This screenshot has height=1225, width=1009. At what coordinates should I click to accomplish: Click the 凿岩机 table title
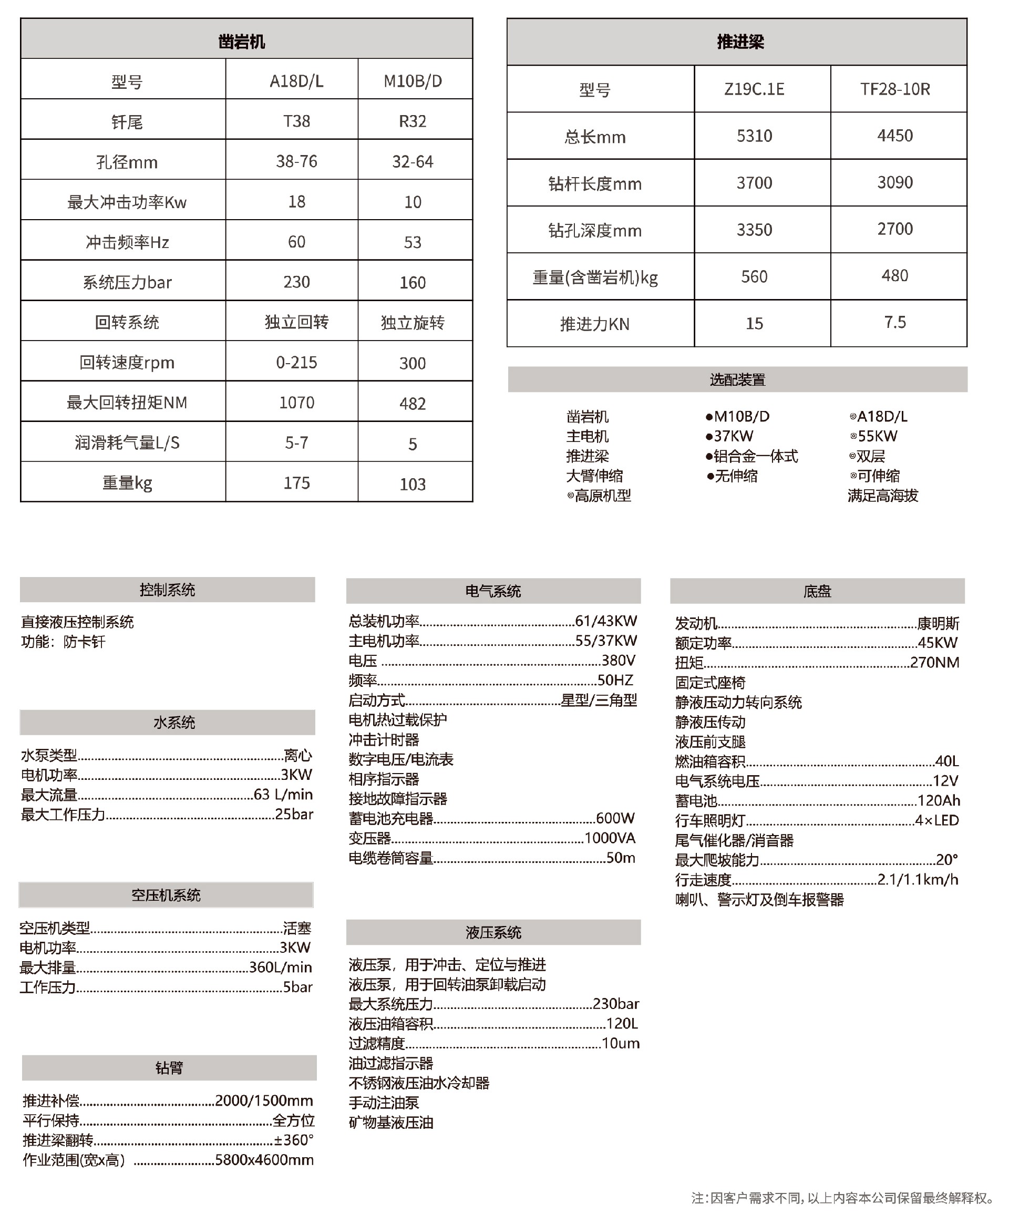click(241, 42)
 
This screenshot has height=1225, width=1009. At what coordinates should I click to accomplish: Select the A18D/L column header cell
click(296, 81)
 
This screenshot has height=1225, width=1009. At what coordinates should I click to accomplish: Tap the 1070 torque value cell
click(296, 402)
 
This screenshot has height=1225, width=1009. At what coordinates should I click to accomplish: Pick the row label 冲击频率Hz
click(127, 242)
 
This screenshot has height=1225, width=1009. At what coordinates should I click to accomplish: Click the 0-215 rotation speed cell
click(296, 362)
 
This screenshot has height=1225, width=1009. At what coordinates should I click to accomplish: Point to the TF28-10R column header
click(894, 89)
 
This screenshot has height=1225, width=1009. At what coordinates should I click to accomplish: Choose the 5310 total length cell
click(754, 136)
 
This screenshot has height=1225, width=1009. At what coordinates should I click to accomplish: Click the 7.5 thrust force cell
click(894, 322)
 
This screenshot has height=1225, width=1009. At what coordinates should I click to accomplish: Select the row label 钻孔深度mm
click(594, 230)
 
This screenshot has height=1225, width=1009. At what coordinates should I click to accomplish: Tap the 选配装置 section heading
click(737, 379)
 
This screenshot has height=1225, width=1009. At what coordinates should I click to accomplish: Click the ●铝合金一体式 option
click(751, 456)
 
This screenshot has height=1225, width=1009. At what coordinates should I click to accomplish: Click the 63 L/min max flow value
click(283, 794)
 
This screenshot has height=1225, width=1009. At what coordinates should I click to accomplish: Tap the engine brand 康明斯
click(938, 624)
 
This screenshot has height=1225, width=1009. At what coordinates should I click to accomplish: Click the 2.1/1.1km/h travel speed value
click(917, 879)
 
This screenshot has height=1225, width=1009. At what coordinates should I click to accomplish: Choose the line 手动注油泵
click(384, 1102)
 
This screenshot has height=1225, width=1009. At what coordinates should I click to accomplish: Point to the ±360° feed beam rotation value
click(294, 1139)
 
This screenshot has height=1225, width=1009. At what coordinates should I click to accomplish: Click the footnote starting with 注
click(841, 1198)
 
